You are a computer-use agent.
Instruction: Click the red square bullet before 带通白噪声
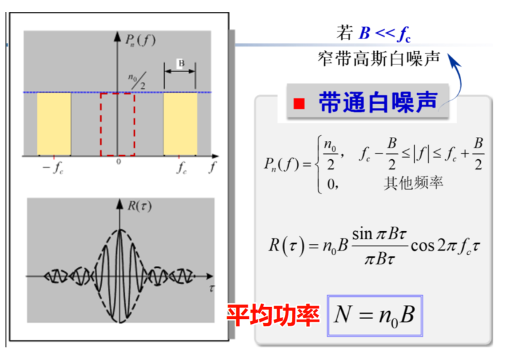299,104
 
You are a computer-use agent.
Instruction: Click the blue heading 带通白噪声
378,102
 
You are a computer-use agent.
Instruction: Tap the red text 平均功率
273,315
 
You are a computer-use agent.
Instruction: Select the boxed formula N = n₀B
375,315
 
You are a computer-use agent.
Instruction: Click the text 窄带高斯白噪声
379,59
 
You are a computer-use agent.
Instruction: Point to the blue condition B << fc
385,33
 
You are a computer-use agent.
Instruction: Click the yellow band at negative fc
54,124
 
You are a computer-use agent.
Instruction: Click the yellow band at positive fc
181,124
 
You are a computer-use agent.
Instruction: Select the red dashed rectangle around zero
117,124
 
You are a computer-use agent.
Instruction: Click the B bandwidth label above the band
181,63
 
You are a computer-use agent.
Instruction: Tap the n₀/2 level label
138,81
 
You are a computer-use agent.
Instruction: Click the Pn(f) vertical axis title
140,40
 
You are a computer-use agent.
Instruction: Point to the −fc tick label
53,168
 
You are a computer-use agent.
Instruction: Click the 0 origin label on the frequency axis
119,162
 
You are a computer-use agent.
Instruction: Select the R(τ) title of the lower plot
140,206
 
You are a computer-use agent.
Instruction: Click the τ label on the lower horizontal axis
212,289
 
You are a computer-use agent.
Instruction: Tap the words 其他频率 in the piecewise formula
413,183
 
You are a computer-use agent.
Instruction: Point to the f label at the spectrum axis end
213,167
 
